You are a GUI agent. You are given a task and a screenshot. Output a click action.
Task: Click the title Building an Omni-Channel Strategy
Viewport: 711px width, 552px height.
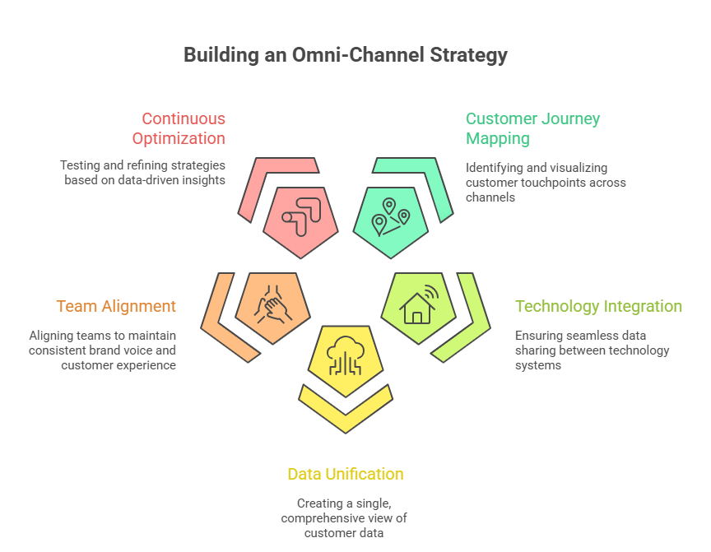pyautogui.click(x=346, y=55)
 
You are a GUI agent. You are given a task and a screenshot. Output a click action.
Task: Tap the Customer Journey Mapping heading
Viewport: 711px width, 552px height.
pyautogui.click(x=532, y=128)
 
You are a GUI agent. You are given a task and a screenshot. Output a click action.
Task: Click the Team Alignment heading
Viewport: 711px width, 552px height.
pyautogui.click(x=116, y=306)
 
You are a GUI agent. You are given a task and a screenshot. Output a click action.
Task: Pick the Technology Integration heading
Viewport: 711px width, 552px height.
pyautogui.click(x=598, y=306)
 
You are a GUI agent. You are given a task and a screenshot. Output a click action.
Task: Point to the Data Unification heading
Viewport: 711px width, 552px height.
pyautogui.click(x=345, y=474)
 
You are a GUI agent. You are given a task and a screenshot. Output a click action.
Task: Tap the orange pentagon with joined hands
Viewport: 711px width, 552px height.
pyautogui.click(x=272, y=304)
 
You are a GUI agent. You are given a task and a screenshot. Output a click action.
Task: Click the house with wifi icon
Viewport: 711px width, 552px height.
pyautogui.click(x=419, y=305)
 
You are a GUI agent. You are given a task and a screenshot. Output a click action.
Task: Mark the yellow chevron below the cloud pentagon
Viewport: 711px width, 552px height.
pyautogui.click(x=346, y=408)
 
